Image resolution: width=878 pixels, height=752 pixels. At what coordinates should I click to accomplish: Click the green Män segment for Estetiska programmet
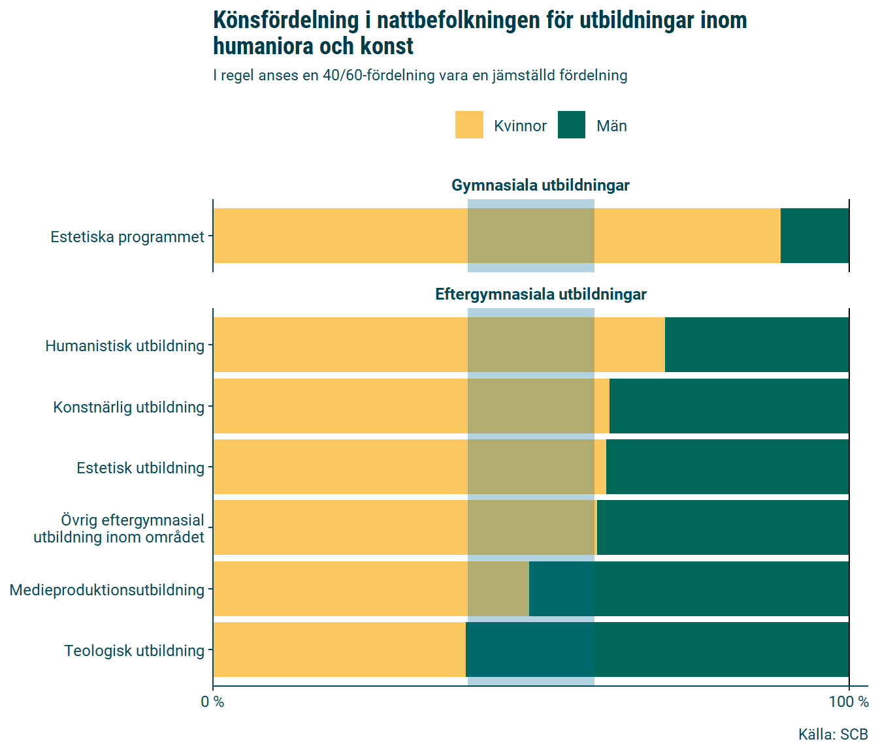[x=815, y=236]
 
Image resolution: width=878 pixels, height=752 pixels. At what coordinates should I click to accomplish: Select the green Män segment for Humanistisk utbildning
[x=756, y=345]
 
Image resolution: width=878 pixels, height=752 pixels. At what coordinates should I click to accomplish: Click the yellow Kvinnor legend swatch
[x=469, y=125]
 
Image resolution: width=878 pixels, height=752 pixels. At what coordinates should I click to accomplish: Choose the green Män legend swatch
[x=572, y=125]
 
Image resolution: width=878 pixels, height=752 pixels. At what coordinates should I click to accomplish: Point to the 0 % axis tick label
[x=212, y=702]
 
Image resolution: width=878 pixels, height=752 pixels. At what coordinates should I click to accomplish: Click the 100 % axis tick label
[x=849, y=702]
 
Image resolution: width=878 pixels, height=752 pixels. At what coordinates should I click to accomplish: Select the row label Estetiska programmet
[x=127, y=237]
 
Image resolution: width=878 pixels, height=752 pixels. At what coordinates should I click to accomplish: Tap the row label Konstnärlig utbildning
[x=129, y=407]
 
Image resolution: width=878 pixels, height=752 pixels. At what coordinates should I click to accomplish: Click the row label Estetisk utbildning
[x=140, y=468]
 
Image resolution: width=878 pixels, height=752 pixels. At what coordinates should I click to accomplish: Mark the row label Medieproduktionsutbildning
[x=107, y=590]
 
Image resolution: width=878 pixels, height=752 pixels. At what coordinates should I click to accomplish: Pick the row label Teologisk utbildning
[x=134, y=651]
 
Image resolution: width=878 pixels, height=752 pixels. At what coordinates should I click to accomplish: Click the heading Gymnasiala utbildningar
[x=540, y=185]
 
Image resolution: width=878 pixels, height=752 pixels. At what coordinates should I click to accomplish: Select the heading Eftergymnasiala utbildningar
[x=540, y=294]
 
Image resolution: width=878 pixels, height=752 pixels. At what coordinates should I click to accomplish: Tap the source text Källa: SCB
[x=832, y=734]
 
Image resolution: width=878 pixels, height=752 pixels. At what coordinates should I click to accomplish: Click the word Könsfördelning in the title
[x=285, y=21]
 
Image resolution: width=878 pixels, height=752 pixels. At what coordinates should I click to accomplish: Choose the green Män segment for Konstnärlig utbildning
[x=728, y=406]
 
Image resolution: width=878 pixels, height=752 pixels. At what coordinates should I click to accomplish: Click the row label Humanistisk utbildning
[x=125, y=346]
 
